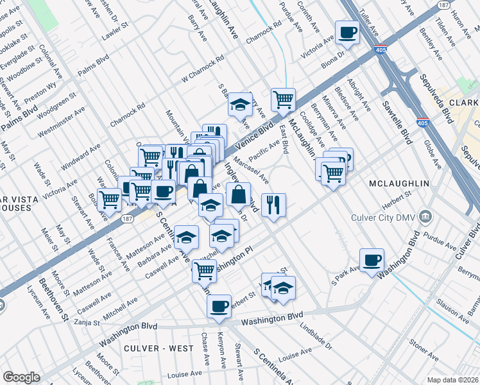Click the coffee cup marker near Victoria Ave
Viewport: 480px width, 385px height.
point(348,32)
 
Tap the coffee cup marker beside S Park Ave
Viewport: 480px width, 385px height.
point(372,261)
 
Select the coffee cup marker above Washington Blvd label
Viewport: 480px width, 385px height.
point(219,307)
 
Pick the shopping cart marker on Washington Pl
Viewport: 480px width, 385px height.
point(204,271)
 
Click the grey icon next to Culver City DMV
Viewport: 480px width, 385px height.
point(424,218)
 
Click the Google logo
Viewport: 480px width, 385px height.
point(21,377)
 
